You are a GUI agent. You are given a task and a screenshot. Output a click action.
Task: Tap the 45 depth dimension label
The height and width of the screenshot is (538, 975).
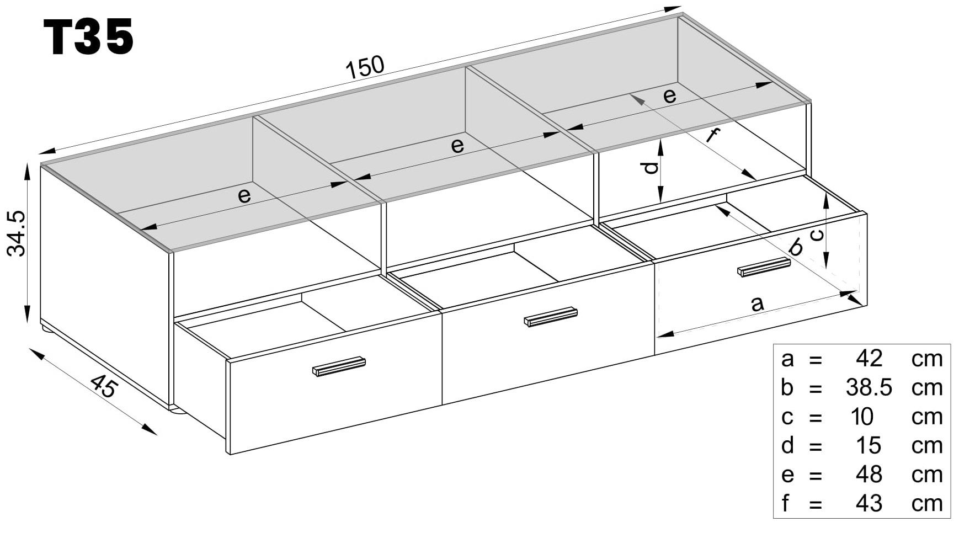tap(103, 386)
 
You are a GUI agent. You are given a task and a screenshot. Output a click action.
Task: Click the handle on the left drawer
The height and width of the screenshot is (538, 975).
tap(339, 366)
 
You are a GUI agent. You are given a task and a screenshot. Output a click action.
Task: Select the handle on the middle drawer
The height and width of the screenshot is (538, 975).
tap(550, 317)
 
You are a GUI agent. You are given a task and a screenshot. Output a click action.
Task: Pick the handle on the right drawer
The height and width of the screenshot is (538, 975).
tap(764, 267)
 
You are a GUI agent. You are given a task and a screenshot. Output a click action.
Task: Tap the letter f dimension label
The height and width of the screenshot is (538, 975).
tap(713, 135)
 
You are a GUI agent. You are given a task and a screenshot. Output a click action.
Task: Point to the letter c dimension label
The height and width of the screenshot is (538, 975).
tap(817, 235)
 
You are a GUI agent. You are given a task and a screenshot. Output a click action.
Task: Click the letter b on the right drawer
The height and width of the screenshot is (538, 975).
tap(796, 247)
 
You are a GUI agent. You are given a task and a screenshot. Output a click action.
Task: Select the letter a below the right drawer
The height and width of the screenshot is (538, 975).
tap(758, 303)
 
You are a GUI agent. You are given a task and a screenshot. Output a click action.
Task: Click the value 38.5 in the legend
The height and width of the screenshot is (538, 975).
tap(869, 387)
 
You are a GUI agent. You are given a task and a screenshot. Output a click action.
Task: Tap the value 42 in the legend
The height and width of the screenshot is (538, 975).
tap(869, 359)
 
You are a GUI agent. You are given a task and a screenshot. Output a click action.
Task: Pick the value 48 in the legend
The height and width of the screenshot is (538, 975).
tap(869, 474)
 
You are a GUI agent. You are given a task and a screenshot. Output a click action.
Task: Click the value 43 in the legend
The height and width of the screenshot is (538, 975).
tap(869, 503)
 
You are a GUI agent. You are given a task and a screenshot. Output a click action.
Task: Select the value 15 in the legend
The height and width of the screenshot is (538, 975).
tap(869, 445)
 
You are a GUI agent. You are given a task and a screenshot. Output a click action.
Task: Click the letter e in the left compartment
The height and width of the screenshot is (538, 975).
tap(244, 195)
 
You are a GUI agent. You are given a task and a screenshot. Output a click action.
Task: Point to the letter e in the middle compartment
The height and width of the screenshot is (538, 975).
tap(457, 146)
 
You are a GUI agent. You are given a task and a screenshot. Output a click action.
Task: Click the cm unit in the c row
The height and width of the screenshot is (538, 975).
tap(927, 417)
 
